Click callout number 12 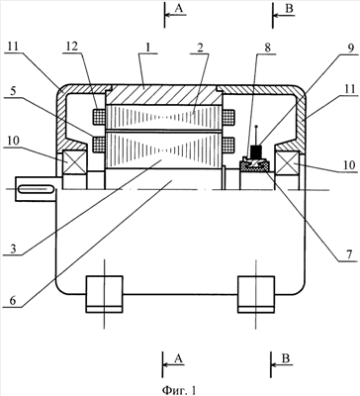click(72, 47)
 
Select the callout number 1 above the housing click(148, 47)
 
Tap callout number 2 click(200, 47)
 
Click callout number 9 click(350, 49)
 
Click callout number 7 click(349, 254)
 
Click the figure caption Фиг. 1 click(179, 390)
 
